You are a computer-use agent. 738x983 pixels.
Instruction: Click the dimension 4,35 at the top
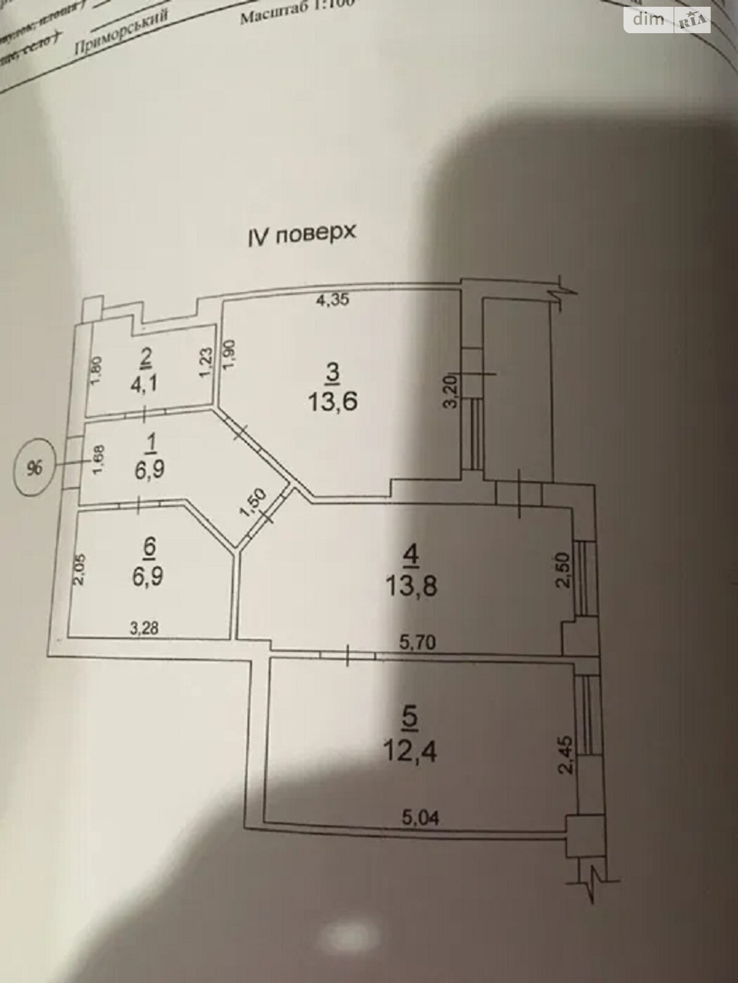(x=332, y=301)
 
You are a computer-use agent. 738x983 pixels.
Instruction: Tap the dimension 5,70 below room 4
(x=418, y=643)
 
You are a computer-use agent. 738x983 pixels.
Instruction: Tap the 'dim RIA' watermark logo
(x=667, y=20)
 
